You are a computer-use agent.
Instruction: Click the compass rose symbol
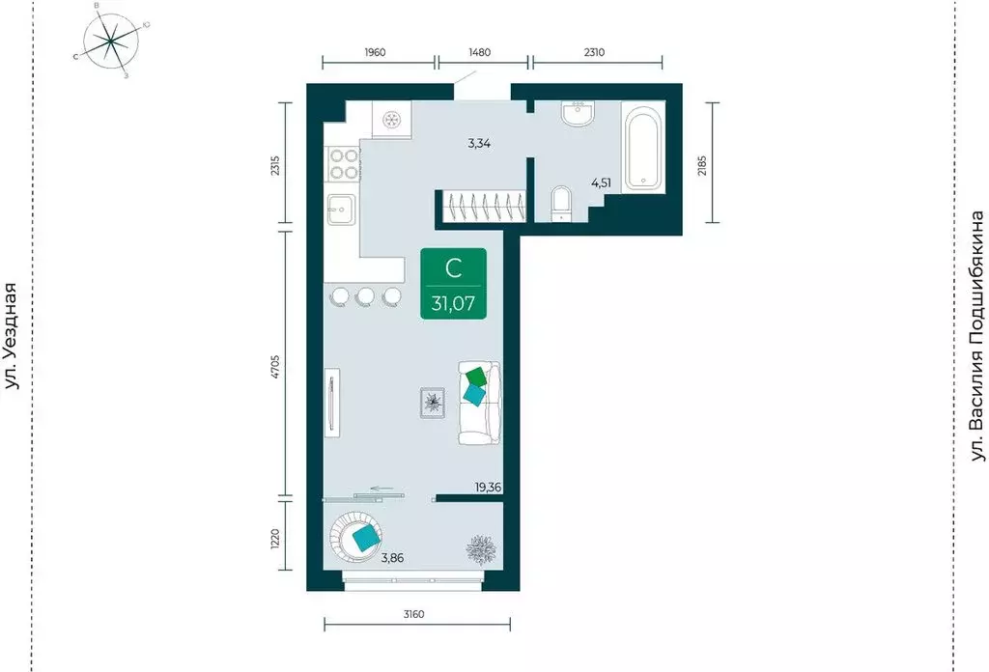[x=111, y=41]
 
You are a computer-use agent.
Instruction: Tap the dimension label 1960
[x=375, y=52]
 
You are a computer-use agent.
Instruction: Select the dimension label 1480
[x=479, y=52]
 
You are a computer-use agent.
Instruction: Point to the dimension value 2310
[x=594, y=52]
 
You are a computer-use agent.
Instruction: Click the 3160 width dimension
[x=413, y=614]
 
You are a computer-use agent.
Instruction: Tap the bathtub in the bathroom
[x=642, y=148]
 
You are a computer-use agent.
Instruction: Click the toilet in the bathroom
[x=560, y=203]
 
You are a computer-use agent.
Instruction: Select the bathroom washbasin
[x=577, y=114]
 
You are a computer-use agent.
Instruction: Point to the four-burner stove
[x=343, y=162]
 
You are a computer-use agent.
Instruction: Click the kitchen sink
[x=341, y=210]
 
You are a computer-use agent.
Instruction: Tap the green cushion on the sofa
[x=476, y=377]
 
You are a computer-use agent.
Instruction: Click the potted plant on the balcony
[x=481, y=549]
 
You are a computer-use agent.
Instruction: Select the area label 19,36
[x=488, y=487]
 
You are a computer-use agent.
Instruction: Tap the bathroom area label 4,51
[x=601, y=183]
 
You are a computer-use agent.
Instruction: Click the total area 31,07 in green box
[x=454, y=304]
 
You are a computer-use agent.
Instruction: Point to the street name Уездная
[x=13, y=335]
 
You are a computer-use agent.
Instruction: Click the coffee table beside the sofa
[x=432, y=402]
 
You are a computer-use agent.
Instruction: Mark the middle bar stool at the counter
[x=364, y=297]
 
